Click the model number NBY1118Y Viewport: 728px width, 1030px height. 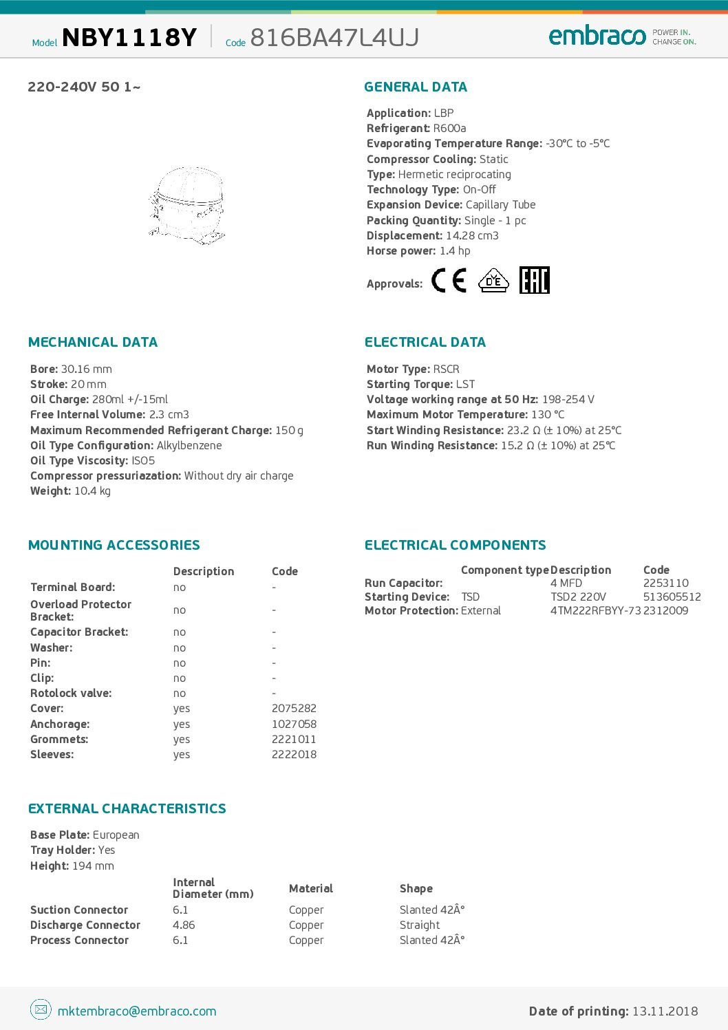click(x=129, y=37)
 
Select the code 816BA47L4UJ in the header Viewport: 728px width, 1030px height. click(x=334, y=37)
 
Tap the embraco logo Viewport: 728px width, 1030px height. click(x=597, y=35)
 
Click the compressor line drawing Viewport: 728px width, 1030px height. click(x=186, y=204)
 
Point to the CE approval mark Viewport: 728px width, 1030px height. click(x=449, y=281)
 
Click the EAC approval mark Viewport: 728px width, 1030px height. click(x=534, y=280)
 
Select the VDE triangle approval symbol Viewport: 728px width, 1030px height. click(x=493, y=281)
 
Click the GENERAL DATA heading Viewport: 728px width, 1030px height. click(x=416, y=87)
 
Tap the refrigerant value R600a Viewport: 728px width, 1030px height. click(x=449, y=129)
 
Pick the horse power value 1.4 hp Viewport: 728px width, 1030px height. click(x=455, y=251)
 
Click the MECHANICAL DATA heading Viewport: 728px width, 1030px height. click(x=93, y=343)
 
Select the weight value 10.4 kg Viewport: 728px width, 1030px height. click(x=92, y=491)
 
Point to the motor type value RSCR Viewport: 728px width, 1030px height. click(x=446, y=369)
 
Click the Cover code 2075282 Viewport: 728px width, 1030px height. click(x=294, y=709)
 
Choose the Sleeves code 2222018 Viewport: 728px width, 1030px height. click(x=294, y=755)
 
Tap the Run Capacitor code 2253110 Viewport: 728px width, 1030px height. click(x=665, y=583)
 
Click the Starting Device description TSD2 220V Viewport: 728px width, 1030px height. click(x=578, y=597)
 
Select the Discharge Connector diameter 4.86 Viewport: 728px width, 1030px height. click(x=184, y=925)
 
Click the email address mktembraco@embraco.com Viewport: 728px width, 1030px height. click(x=137, y=1011)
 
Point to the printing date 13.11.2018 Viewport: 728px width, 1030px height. click(x=665, y=1011)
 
